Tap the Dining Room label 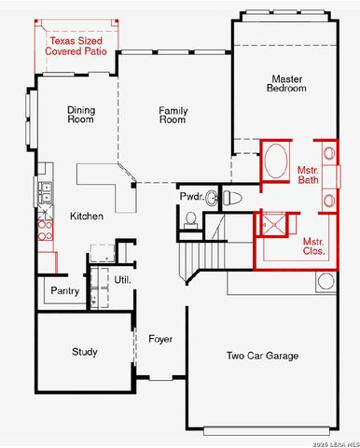coord(81,115)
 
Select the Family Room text coord(173,115)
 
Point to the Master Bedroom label coord(287,83)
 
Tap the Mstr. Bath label coord(308,175)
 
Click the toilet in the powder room coord(232,197)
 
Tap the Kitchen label coord(87,216)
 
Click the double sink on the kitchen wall coord(44,194)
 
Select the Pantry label coord(63,291)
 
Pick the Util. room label coord(122,279)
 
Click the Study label coord(85,352)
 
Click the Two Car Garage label coord(262,356)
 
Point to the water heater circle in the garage coord(325,281)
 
